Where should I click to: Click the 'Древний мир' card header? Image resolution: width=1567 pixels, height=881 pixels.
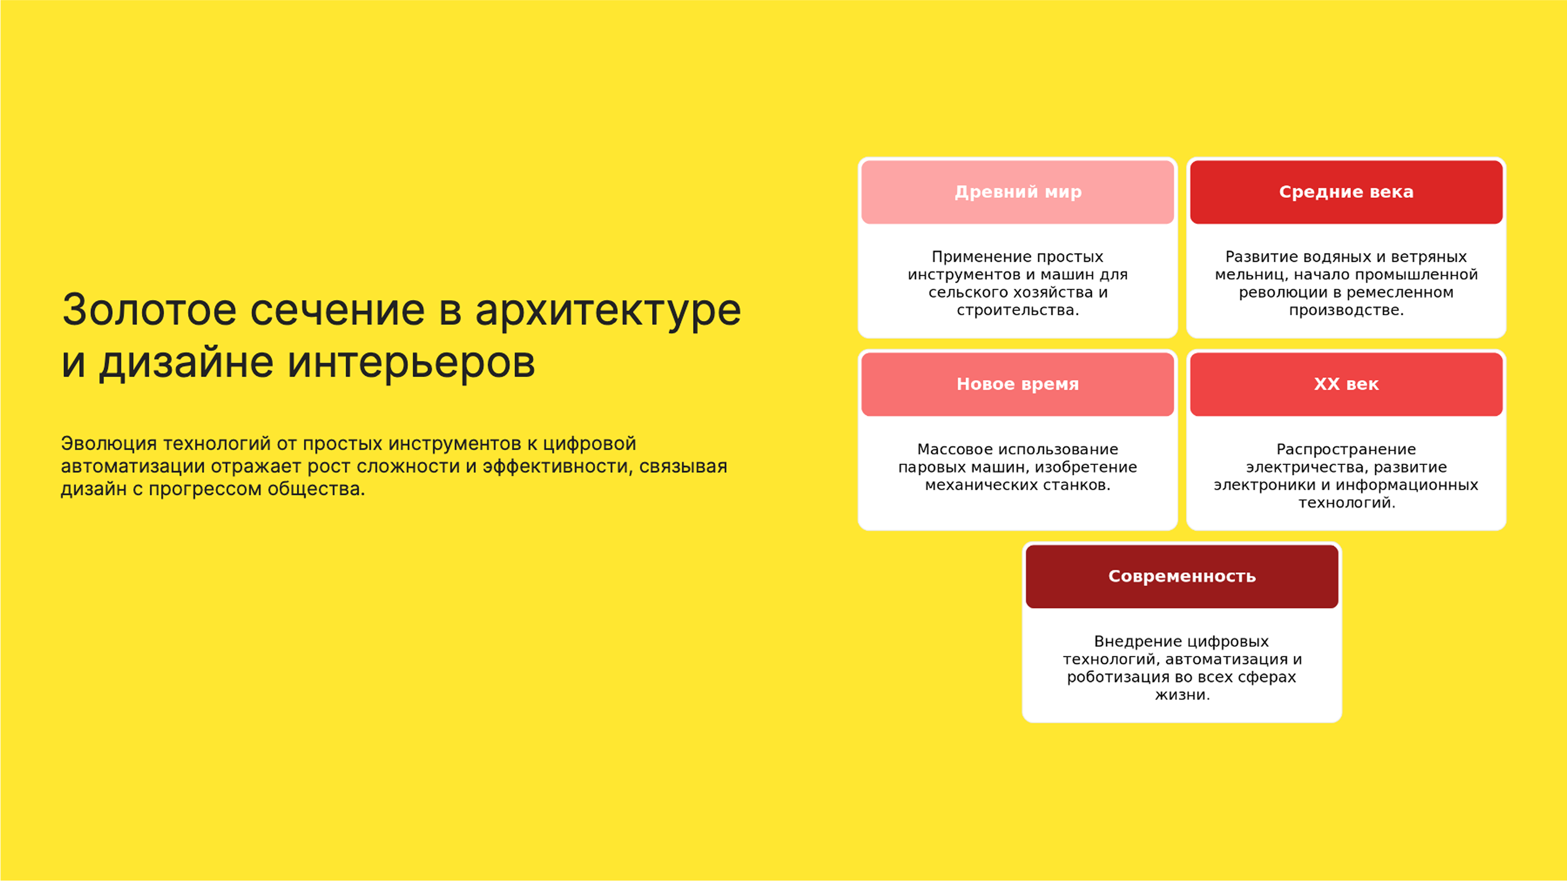(1018, 192)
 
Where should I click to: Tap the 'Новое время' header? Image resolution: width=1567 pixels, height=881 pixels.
(1018, 384)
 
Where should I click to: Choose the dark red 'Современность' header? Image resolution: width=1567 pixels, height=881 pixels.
(1181, 576)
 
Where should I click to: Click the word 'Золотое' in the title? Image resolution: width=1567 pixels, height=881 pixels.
(149, 310)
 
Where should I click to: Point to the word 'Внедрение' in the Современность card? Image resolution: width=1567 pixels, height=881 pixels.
(1130, 641)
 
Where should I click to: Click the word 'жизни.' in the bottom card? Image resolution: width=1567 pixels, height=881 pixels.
(1182, 695)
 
